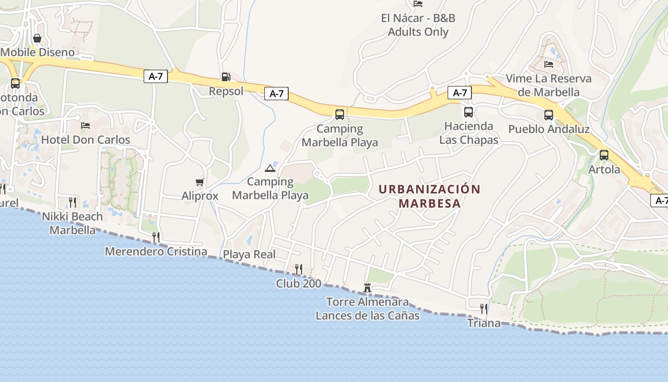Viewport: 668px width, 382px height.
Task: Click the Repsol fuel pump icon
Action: (x=226, y=76)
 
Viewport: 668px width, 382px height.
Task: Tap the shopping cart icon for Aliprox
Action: (x=200, y=182)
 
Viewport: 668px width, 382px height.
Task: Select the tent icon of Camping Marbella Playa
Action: (x=270, y=168)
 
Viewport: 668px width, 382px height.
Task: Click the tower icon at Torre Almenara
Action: (x=367, y=288)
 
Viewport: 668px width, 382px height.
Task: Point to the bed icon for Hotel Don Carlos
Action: (x=85, y=126)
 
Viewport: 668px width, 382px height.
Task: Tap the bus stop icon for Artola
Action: (x=604, y=155)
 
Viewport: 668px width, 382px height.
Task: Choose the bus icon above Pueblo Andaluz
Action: (x=549, y=115)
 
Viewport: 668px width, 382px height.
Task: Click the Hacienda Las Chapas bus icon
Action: (x=469, y=112)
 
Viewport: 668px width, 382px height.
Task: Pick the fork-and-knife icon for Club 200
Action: (x=299, y=269)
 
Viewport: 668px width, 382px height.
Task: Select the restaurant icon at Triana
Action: (x=484, y=308)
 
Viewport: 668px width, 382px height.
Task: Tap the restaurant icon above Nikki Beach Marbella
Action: (x=73, y=202)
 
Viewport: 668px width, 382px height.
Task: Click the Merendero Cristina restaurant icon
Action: (x=156, y=237)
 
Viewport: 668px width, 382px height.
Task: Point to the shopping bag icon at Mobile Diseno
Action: (x=37, y=38)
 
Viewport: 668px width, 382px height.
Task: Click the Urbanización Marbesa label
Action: (x=429, y=196)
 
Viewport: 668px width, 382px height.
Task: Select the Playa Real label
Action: (x=250, y=255)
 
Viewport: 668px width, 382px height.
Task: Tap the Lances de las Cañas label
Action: (x=367, y=316)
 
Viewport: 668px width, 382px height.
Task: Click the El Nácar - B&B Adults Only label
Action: (x=418, y=25)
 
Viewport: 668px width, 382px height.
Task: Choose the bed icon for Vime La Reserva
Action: (x=549, y=64)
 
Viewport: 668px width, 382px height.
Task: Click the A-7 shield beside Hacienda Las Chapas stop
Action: (x=459, y=93)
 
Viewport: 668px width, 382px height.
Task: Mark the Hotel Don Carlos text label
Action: (x=86, y=140)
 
